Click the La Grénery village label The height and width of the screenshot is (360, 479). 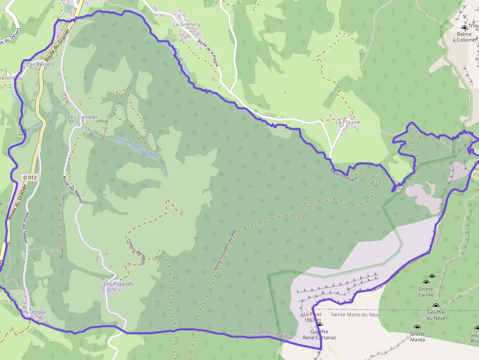coord(187,24)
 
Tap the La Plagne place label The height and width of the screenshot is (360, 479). coord(348,122)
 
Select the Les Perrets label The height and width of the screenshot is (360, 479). coord(41,64)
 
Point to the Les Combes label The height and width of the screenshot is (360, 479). coord(83,117)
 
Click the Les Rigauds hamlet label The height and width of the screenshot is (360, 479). coord(118,284)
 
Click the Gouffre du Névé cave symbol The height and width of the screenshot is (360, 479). coord(435,306)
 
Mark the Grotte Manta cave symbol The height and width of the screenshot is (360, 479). coord(417,328)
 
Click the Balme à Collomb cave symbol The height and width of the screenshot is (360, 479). coord(464,27)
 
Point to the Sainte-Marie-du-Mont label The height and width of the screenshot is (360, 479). coord(356,315)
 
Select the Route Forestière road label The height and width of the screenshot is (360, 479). coord(344,174)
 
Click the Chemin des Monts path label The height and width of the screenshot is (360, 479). coord(135,252)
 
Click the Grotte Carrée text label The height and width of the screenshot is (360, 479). coord(426,292)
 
